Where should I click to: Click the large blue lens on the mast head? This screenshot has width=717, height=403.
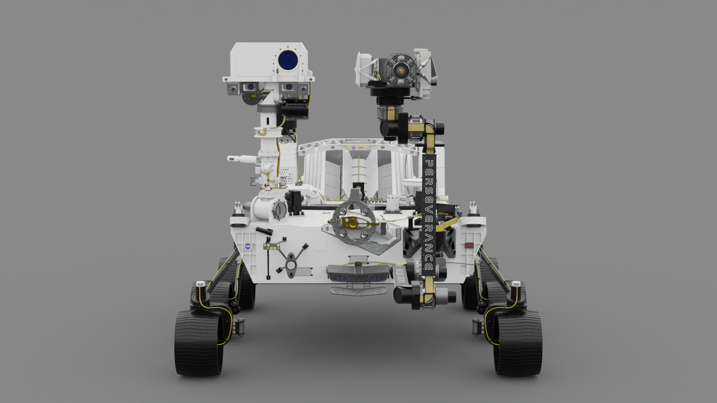pos(288,60)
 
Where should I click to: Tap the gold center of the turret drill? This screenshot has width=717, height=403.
pos(401,70)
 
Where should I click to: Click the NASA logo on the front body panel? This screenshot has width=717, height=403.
pos(248,246)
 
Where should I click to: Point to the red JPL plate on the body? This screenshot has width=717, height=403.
pos(469,246)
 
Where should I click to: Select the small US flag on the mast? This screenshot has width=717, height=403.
pos(268,188)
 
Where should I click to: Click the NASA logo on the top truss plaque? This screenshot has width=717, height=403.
pos(353,147)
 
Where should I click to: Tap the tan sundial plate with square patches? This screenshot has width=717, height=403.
pos(272,246)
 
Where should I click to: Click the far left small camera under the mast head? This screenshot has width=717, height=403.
pos(233,89)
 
